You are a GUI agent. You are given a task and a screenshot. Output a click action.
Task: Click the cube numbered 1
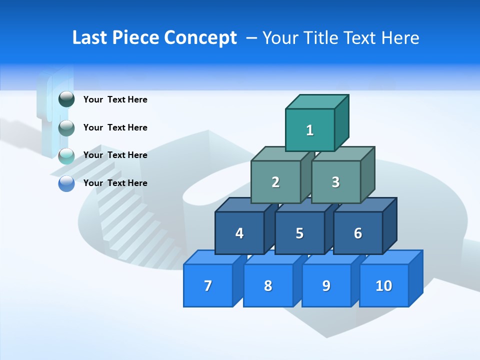point(310,130)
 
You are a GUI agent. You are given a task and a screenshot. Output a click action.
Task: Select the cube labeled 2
point(275,182)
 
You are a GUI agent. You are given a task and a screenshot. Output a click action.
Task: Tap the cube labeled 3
point(335,182)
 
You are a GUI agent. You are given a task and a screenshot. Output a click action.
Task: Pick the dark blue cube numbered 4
point(239,233)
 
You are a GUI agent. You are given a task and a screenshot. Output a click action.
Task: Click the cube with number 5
point(299,233)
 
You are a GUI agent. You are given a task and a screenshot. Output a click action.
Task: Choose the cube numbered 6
point(358,233)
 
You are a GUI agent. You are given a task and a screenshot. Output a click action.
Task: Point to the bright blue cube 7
point(208,285)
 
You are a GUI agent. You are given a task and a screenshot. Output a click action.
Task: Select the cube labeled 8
point(268,285)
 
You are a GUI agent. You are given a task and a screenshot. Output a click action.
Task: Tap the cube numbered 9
point(326,285)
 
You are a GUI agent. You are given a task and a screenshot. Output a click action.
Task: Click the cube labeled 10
point(384,285)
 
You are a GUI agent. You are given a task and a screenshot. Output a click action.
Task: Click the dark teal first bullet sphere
point(66,99)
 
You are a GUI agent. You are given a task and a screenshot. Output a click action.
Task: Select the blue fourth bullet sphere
point(66,183)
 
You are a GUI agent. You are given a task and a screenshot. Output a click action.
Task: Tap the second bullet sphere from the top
point(66,128)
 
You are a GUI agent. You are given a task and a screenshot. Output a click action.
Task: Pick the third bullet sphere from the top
point(66,156)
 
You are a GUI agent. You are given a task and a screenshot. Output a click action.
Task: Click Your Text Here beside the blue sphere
point(115,183)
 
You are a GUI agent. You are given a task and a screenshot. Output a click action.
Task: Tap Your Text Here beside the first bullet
point(115,99)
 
